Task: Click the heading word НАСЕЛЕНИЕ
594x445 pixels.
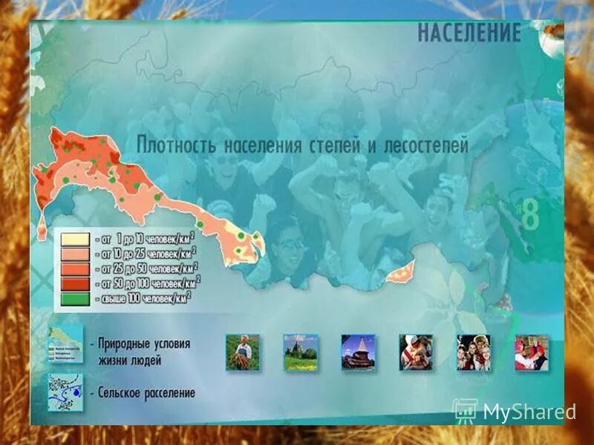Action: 469,33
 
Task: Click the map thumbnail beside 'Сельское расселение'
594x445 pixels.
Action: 65,391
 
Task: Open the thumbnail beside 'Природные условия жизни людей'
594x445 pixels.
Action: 65,343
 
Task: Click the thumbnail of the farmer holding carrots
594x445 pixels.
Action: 242,352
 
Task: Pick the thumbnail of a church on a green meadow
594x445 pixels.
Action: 300,352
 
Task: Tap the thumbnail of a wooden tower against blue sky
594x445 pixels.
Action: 358,352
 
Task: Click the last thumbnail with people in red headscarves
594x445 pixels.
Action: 532,352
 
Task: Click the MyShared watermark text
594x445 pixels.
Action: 529,412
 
